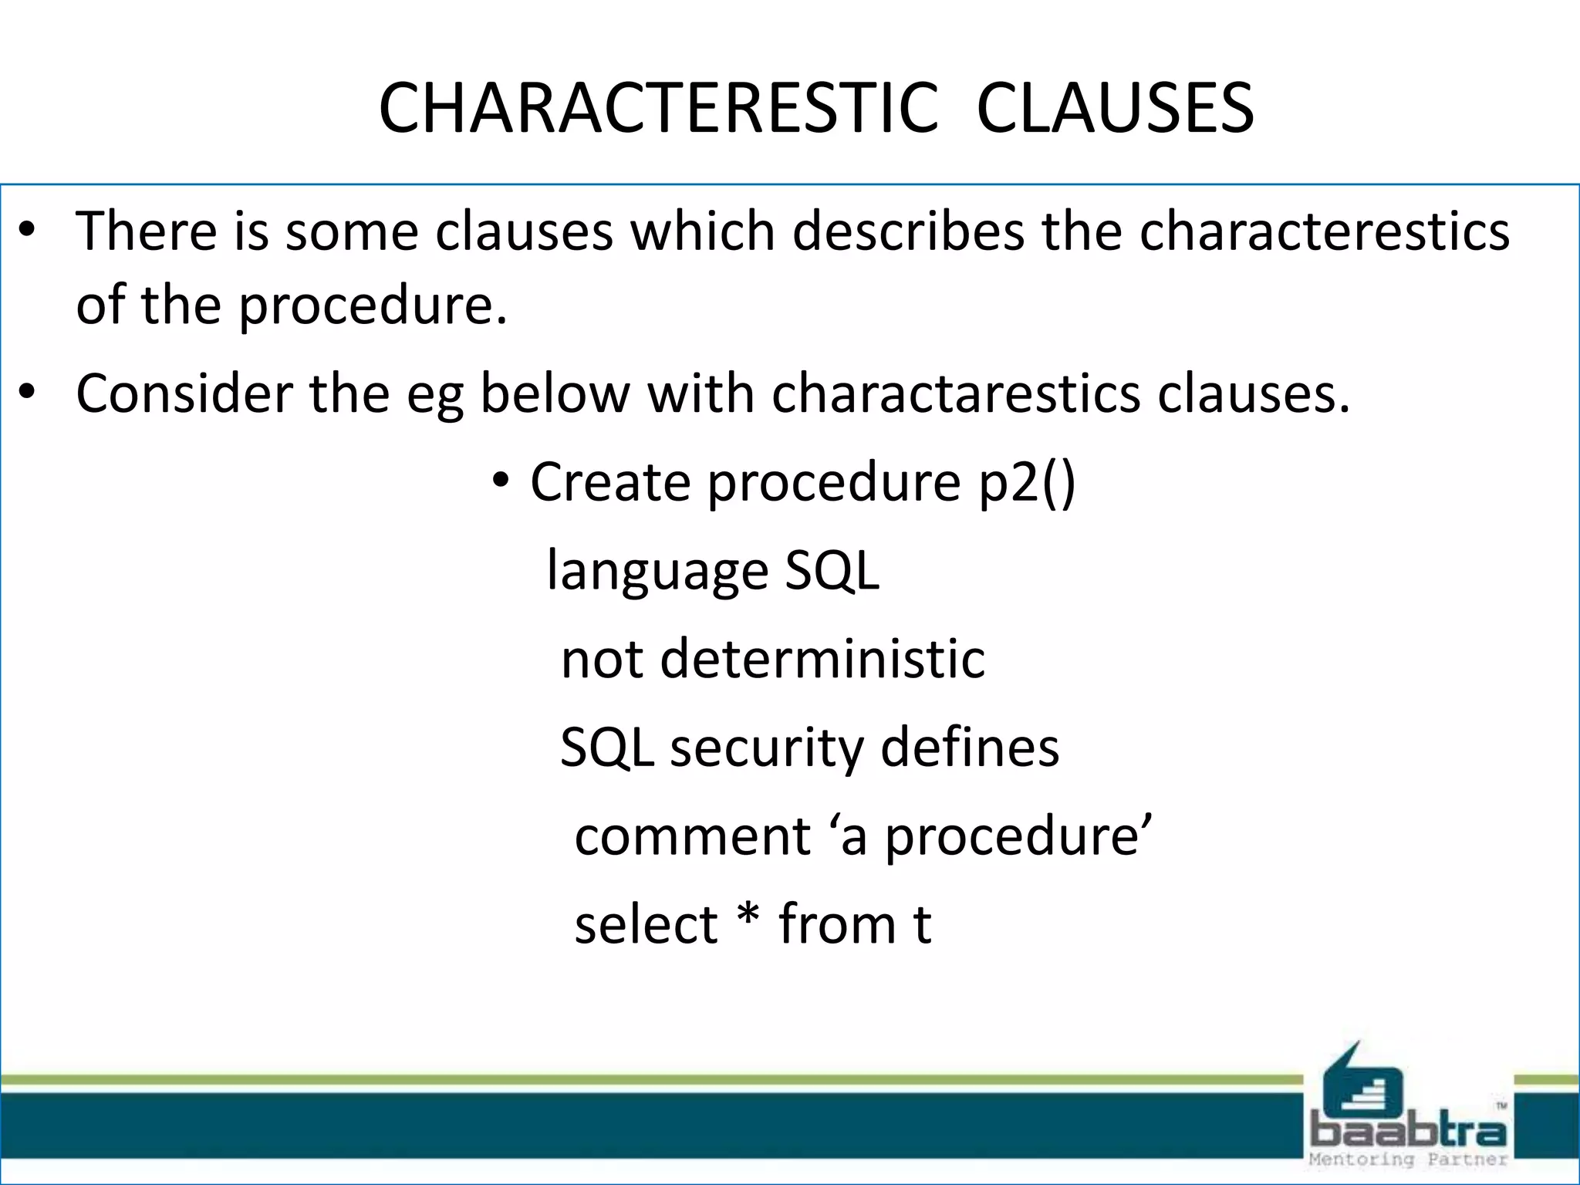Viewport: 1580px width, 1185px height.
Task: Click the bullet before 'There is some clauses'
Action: point(28,230)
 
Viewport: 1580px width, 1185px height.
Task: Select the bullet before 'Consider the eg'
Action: point(28,393)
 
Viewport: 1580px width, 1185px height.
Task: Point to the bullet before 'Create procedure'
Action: point(501,481)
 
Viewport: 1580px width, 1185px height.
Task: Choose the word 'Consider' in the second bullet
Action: point(184,393)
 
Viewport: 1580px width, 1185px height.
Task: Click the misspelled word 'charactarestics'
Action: point(955,393)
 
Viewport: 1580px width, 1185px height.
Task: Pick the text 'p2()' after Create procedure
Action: point(1027,482)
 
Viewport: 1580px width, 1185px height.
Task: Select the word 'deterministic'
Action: point(822,660)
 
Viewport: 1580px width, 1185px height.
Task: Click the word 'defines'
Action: point(970,748)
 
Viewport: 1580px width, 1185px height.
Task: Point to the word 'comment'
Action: point(692,836)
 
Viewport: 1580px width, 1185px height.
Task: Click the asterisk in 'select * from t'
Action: point(748,918)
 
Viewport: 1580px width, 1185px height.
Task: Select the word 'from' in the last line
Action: point(836,924)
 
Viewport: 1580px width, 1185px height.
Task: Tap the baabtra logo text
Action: point(1408,1132)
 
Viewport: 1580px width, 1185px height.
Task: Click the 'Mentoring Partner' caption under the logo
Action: point(1408,1160)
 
